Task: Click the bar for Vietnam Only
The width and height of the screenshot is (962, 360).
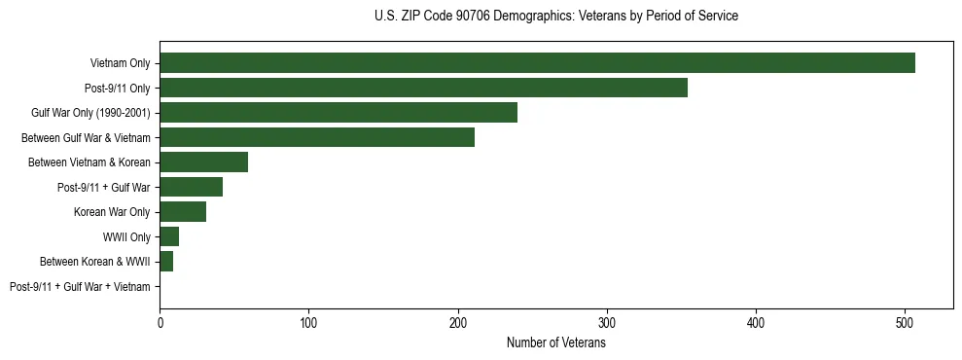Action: pyautogui.click(x=537, y=63)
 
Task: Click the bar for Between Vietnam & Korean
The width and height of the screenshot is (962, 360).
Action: pyautogui.click(x=203, y=162)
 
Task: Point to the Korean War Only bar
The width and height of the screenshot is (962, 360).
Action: pyautogui.click(x=183, y=212)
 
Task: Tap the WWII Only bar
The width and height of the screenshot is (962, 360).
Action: pyautogui.click(x=169, y=236)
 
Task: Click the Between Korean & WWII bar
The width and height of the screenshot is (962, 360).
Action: pyautogui.click(x=166, y=262)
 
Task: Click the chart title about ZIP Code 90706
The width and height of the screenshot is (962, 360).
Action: pyautogui.click(x=555, y=17)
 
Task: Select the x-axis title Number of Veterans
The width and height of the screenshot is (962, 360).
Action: pyautogui.click(x=555, y=343)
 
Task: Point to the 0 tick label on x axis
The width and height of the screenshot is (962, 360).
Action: pyautogui.click(x=160, y=323)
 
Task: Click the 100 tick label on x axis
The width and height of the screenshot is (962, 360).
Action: pyautogui.click(x=308, y=323)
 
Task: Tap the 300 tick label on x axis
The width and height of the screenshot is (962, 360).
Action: pyautogui.click(x=607, y=323)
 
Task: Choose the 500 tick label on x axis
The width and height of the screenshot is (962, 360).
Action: pyautogui.click(x=905, y=323)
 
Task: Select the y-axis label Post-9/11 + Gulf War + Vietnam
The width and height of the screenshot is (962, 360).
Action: pyautogui.click(x=80, y=287)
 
